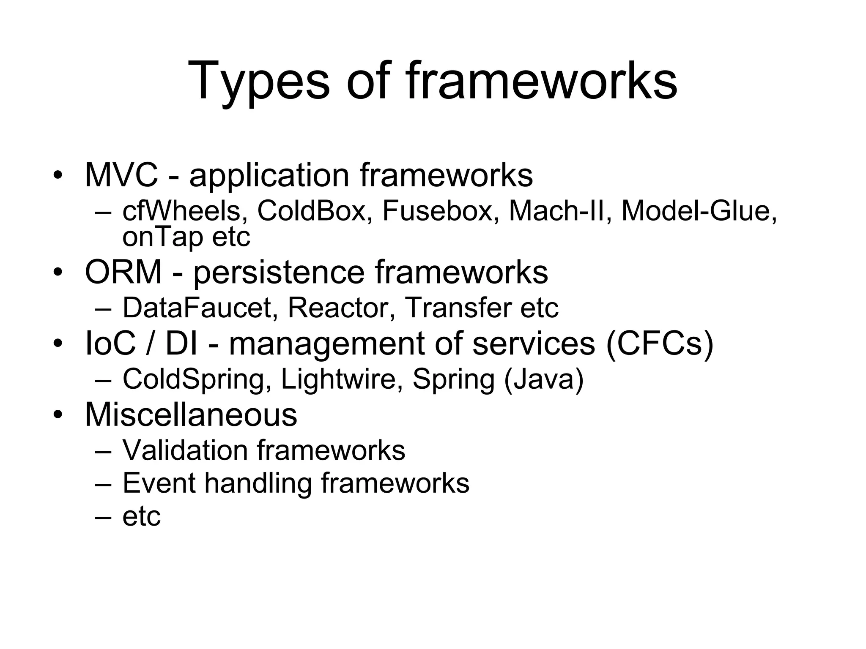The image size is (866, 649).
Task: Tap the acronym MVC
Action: [x=121, y=175]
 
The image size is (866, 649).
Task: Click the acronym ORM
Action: [x=123, y=272]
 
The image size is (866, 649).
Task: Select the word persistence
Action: [x=279, y=273]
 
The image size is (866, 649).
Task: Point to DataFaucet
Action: [x=197, y=308]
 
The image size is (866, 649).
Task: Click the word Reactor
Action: [x=338, y=308]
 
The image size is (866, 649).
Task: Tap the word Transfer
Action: [x=459, y=308]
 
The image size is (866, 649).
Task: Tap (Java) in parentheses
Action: [x=543, y=379]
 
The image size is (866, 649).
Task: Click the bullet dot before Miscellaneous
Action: [x=58, y=414]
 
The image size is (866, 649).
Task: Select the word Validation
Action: [x=185, y=450]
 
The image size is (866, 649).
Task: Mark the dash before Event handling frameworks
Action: [x=103, y=484]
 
